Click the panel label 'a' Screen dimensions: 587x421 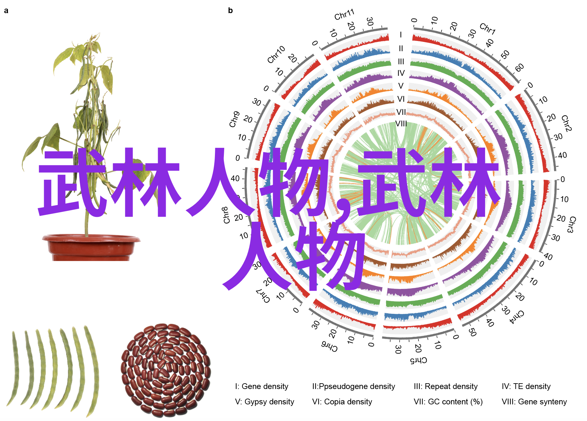(6, 11)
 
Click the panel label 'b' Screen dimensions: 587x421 (230, 11)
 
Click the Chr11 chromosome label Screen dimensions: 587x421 (344, 14)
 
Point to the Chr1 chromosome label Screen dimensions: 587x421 (487, 29)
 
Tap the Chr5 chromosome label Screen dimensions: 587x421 (418, 361)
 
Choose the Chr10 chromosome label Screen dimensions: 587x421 (276, 54)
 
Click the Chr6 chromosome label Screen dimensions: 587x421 (329, 346)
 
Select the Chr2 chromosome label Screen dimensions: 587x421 (566, 123)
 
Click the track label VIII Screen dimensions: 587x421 (401, 123)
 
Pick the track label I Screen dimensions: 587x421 (401, 35)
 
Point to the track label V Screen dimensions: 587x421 (401, 86)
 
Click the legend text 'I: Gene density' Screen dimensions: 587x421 (262, 386)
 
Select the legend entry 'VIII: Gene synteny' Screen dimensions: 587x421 (534, 402)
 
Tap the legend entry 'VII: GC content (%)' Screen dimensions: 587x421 (448, 402)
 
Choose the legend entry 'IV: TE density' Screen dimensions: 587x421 (526, 386)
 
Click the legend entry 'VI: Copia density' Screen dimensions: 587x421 (342, 402)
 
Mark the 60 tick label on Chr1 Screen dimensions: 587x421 (520, 68)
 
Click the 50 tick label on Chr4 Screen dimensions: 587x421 (472, 332)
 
